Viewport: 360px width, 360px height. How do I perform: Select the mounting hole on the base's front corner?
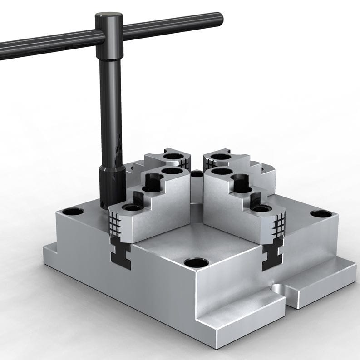click(x=197, y=262)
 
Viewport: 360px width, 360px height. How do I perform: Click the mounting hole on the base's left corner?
click(x=73, y=211)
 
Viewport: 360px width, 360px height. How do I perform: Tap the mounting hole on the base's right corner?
click(x=321, y=214)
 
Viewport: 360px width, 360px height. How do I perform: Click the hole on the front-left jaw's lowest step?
click(x=132, y=207)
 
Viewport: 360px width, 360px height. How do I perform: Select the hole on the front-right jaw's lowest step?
click(x=261, y=208)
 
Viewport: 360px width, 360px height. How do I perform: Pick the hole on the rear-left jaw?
click(x=171, y=157)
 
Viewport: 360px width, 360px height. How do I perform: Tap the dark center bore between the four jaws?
click(x=197, y=173)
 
